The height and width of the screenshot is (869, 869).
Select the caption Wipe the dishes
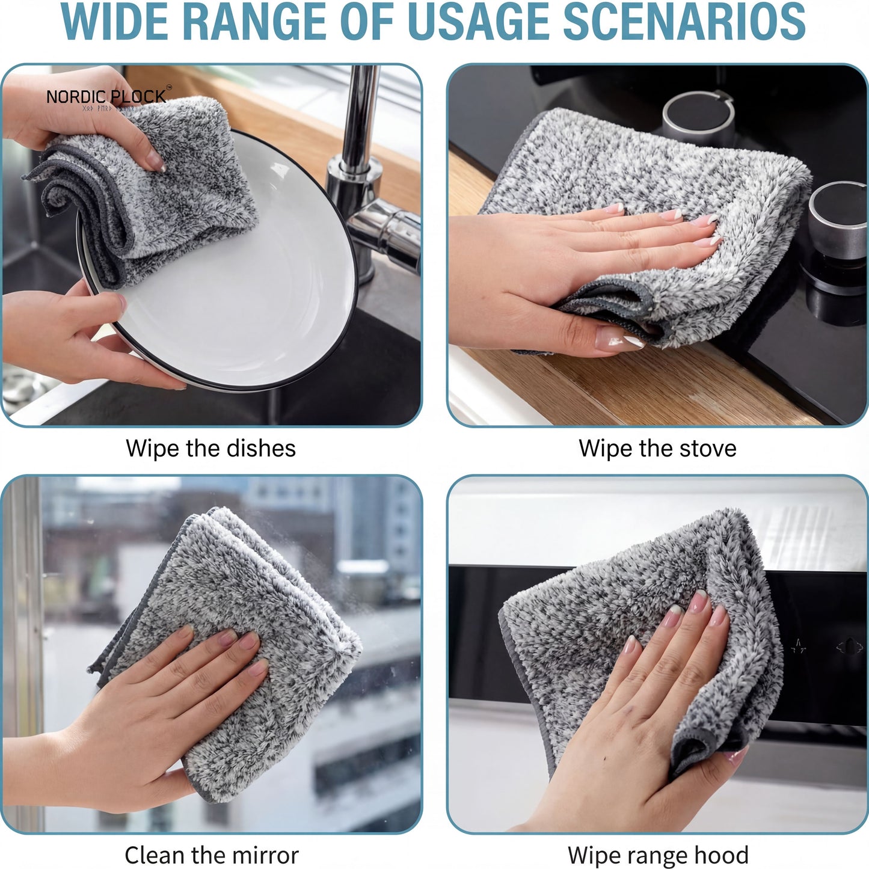[210, 449]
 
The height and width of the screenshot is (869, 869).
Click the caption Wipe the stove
[657, 449]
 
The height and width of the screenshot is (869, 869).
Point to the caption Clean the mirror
[211, 855]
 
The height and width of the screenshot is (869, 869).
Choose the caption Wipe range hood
[657, 855]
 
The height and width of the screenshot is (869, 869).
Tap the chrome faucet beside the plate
[367, 180]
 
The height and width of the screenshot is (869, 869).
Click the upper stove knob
[698, 117]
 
